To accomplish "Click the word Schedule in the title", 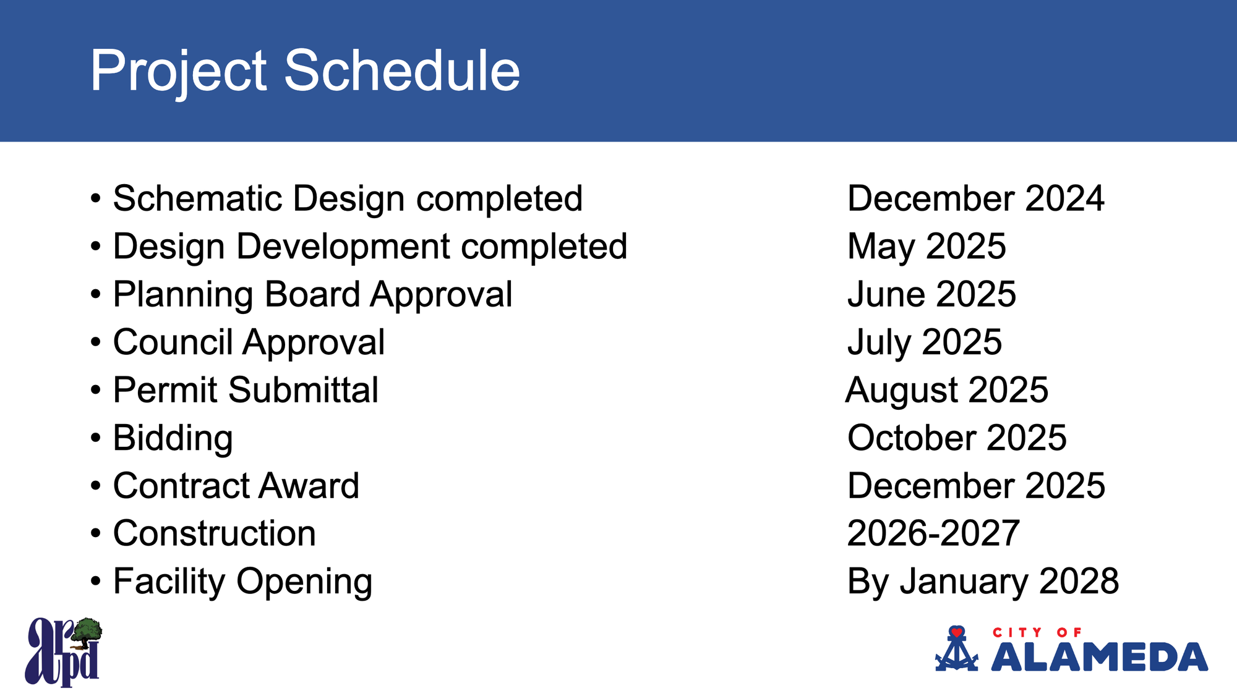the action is (402, 70).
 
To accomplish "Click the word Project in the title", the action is (179, 73).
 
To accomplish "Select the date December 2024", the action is (975, 198).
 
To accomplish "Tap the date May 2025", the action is (927, 247).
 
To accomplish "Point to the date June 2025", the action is (931, 294).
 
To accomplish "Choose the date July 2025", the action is (925, 342).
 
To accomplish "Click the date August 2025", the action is (947, 391).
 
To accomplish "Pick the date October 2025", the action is (957, 438).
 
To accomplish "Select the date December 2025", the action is (976, 486).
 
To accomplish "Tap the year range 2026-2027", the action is (933, 533).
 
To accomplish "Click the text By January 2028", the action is (983, 582).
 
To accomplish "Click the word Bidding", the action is (173, 439).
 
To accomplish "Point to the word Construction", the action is (215, 533).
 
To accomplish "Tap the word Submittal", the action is (303, 390).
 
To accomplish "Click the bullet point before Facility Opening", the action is (95, 582).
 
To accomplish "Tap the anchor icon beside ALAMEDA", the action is (957, 650).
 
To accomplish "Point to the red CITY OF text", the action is (1037, 632).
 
